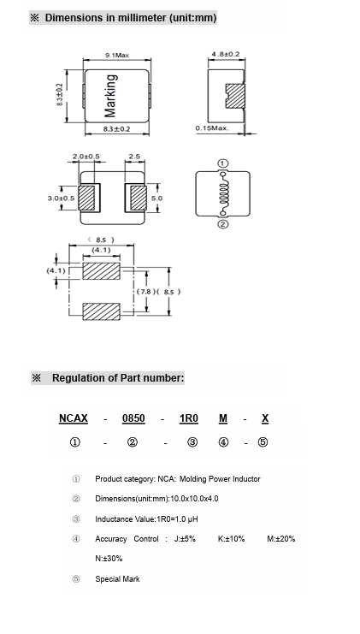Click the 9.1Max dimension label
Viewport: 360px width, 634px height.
tap(117, 55)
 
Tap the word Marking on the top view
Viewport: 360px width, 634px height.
tap(110, 96)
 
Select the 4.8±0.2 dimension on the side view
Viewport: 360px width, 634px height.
tap(226, 54)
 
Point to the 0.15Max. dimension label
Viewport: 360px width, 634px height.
tap(212, 128)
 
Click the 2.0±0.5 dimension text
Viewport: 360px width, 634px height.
tap(86, 157)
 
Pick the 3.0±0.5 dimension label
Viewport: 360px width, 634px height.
tap(61, 198)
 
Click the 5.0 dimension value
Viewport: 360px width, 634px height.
tap(156, 198)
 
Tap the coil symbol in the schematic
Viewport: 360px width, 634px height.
tap(222, 193)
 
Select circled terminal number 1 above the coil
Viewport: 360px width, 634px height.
tap(223, 163)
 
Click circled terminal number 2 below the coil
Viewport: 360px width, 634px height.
tap(223, 224)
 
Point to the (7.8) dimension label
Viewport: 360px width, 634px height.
tap(144, 292)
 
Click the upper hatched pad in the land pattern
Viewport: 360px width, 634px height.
tap(102, 271)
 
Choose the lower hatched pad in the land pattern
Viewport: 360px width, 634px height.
tap(102, 311)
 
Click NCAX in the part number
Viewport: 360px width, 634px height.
tap(74, 418)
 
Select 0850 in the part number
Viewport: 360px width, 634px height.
tap(133, 418)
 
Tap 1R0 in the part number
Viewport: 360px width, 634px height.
tap(189, 418)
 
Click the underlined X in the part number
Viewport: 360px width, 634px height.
tap(265, 418)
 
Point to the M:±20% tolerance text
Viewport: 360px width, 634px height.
tap(281, 538)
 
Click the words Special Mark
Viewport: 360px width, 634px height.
tap(117, 579)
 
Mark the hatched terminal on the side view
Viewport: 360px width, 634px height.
tap(235, 96)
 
